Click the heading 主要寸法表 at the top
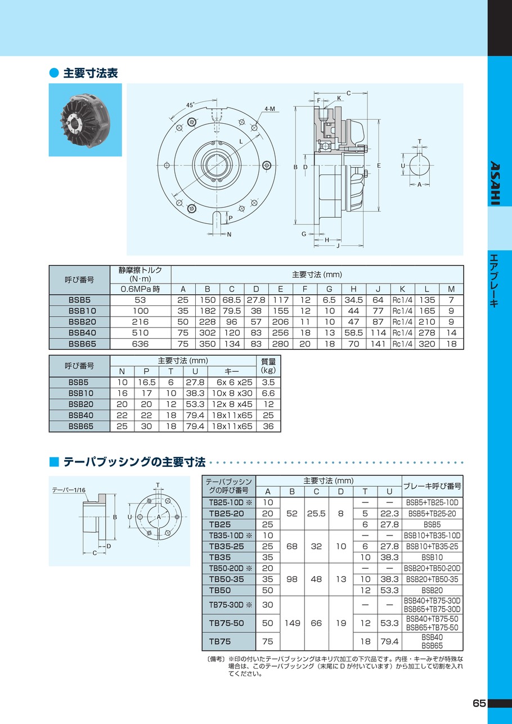[x=90, y=73]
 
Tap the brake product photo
[x=85, y=120]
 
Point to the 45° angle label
[x=191, y=105]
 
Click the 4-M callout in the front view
[x=269, y=109]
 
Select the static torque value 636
[x=140, y=343]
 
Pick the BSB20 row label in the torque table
[x=80, y=322]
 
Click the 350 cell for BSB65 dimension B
[x=207, y=343]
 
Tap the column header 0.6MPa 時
[x=140, y=289]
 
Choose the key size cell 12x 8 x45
[x=232, y=404]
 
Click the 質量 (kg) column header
[x=268, y=366]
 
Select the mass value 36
[x=268, y=426]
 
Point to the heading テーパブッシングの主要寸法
[x=134, y=462]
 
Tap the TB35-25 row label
[x=227, y=546]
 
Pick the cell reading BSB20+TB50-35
[x=432, y=579]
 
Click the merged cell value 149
[x=293, y=623]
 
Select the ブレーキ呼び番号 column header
[x=432, y=486]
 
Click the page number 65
[x=479, y=704]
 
